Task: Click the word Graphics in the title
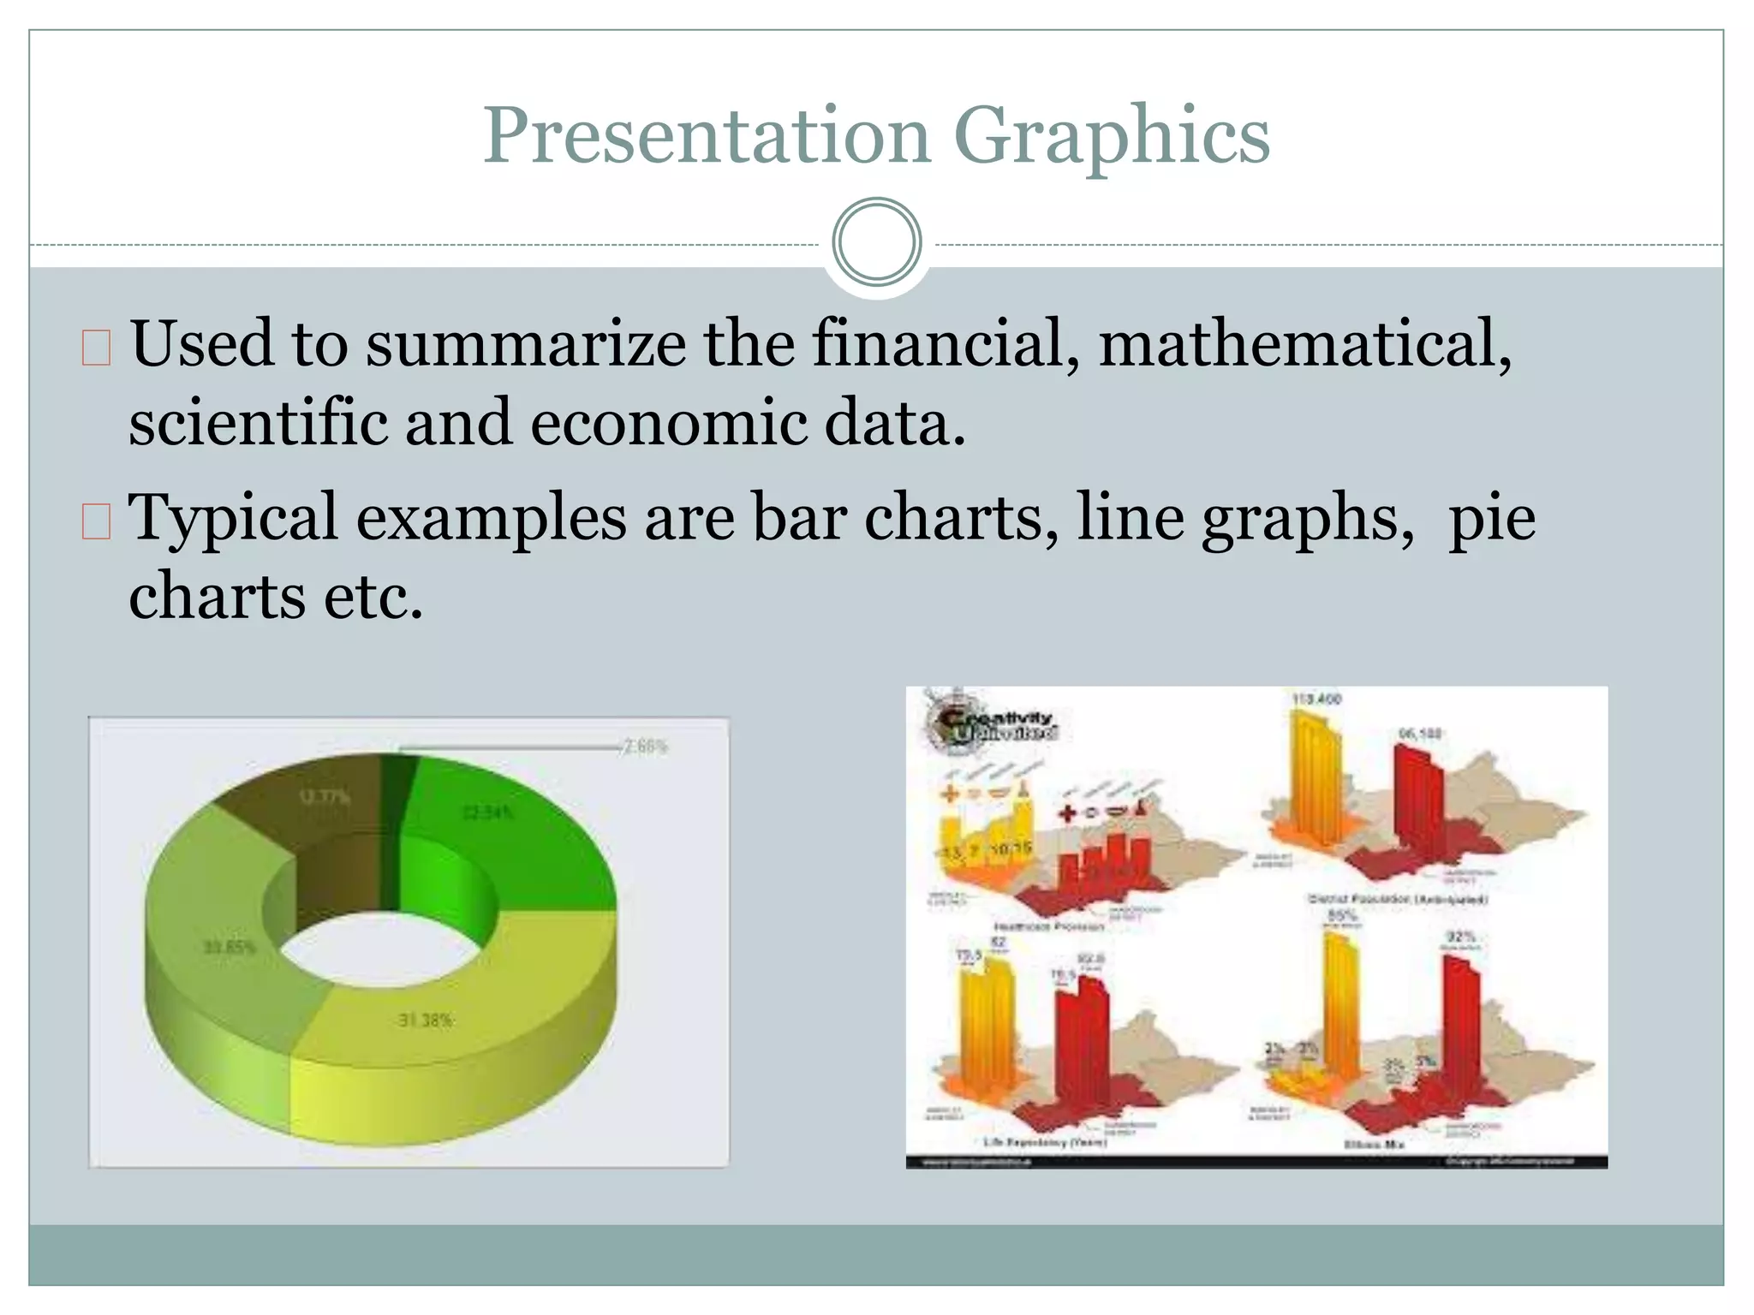pyautogui.click(x=1111, y=137)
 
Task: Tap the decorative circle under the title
pyautogui.click(x=876, y=242)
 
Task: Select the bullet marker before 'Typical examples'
pyautogui.click(x=96, y=521)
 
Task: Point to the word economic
pyautogui.click(x=668, y=423)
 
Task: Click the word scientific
pyautogui.click(x=257, y=423)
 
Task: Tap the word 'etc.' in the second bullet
pyautogui.click(x=373, y=597)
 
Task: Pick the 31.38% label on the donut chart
pyautogui.click(x=426, y=1020)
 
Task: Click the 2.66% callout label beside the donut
pyautogui.click(x=645, y=747)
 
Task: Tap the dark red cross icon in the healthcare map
pyautogui.click(x=1067, y=812)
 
